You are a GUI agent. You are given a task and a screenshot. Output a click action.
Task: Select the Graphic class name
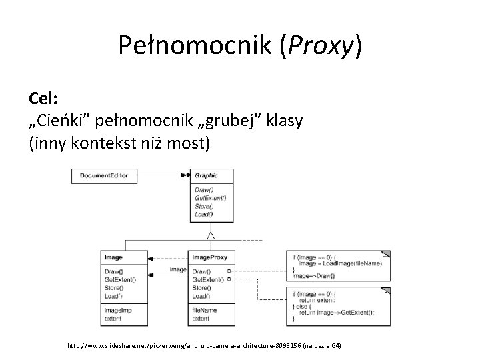[207, 176]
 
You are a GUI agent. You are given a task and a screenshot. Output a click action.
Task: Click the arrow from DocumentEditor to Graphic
[164, 176]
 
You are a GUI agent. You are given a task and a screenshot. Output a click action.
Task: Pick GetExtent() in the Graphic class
[210, 198]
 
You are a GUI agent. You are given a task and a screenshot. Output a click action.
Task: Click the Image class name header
[113, 257]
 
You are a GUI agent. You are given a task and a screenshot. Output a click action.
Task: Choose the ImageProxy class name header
[209, 257]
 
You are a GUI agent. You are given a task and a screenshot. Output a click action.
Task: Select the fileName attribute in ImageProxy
[204, 311]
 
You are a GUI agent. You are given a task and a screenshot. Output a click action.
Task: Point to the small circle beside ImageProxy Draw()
[229, 272]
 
